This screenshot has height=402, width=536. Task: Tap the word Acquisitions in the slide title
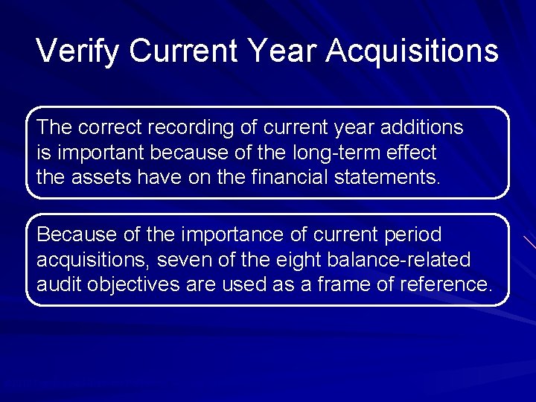(x=412, y=51)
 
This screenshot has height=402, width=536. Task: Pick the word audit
(x=58, y=286)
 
